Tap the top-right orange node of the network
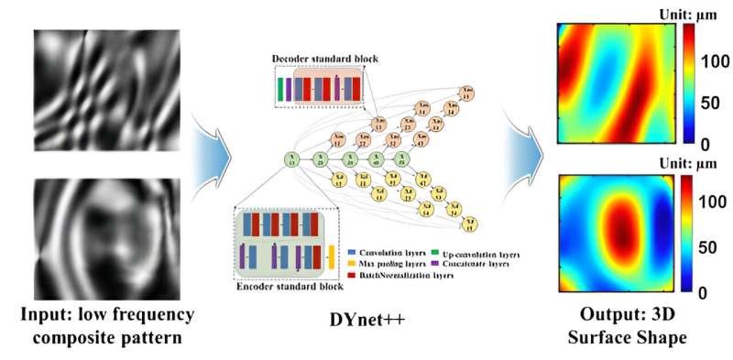[x=467, y=93]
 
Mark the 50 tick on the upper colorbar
[x=706, y=102]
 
